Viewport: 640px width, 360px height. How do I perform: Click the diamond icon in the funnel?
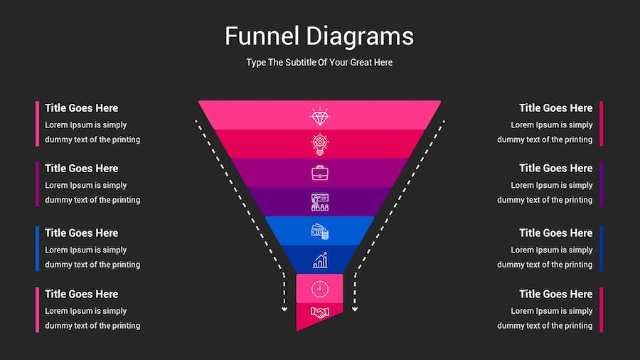tap(319, 116)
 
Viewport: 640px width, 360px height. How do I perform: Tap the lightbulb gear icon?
tap(319, 144)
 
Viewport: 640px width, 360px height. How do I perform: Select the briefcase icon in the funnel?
tap(319, 173)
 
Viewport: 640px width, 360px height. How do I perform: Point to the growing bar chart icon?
tap(320, 260)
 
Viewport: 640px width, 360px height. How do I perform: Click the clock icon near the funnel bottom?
tap(319, 289)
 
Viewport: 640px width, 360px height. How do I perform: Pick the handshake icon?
tap(319, 312)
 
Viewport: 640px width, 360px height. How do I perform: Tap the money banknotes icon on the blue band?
tap(319, 231)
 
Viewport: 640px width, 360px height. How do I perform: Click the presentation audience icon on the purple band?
tap(319, 202)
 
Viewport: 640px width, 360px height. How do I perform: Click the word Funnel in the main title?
tap(262, 36)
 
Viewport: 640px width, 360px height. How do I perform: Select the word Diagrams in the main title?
tap(360, 37)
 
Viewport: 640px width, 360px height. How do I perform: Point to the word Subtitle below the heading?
tap(300, 63)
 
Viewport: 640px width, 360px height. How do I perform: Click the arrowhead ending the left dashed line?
tap(284, 309)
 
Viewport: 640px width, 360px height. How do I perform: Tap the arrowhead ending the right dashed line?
tap(355, 309)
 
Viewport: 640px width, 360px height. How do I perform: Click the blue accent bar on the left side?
tap(37, 248)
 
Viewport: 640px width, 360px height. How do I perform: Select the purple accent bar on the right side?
tap(601, 184)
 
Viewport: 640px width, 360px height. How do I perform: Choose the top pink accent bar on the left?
tap(37, 124)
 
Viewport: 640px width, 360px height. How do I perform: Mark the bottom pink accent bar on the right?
tap(601, 309)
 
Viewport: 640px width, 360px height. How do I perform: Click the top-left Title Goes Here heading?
tap(82, 108)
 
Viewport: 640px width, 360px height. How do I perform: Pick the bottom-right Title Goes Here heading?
tap(556, 295)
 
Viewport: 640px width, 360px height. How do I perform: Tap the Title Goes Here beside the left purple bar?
tap(82, 169)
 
